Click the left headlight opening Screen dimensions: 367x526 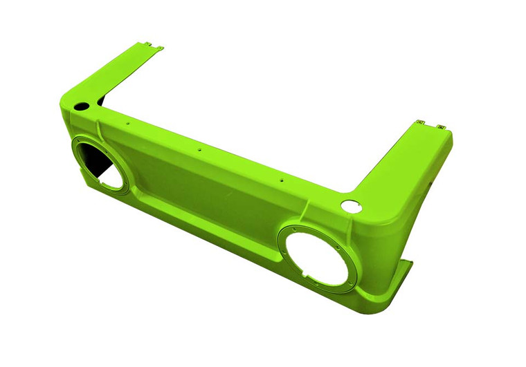tap(101, 164)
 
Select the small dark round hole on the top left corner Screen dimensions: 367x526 tap(82, 107)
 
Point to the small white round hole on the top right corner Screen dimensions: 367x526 tap(351, 205)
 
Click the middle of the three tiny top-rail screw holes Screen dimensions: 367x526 tap(199, 149)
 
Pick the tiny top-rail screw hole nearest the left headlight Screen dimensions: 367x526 tap(128, 124)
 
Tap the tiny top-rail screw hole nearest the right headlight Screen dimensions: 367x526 tap(282, 179)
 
